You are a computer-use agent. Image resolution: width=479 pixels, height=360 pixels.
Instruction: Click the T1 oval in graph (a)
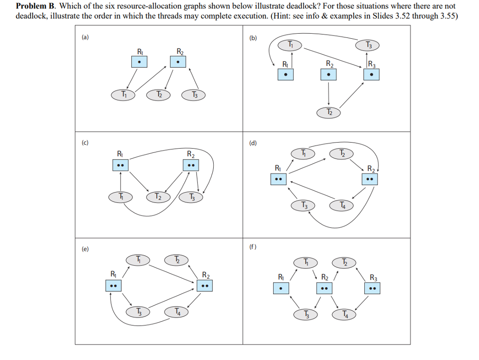(123, 94)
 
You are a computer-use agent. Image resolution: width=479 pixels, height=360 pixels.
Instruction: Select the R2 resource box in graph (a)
(177, 62)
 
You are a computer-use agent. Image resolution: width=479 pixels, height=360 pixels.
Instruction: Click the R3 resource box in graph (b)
(371, 74)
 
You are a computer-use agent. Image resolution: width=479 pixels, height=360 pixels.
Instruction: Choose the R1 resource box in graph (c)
(121, 165)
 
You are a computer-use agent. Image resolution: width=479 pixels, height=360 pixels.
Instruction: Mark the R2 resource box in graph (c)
(190, 165)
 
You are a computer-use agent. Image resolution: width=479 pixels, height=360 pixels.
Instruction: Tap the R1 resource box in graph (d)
(278, 179)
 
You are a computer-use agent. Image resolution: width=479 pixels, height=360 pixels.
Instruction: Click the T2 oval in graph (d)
(341, 153)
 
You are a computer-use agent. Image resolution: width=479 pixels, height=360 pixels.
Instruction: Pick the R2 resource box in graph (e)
(204, 285)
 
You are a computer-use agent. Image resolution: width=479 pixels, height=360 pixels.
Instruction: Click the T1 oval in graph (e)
(138, 259)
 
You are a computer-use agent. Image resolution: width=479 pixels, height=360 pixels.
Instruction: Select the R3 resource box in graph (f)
(372, 288)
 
